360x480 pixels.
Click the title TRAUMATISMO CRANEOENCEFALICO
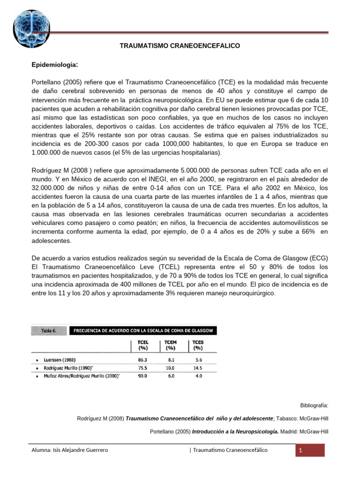click(x=180, y=46)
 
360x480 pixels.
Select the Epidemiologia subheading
click(x=54, y=64)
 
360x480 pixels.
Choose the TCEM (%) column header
click(x=171, y=345)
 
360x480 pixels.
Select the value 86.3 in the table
click(x=142, y=359)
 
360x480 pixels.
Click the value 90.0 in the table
click(x=142, y=376)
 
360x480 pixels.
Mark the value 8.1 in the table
click(x=171, y=359)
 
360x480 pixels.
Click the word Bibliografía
click(x=314, y=404)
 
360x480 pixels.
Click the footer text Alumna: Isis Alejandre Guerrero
click(x=70, y=450)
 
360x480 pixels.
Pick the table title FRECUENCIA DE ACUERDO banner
click(x=144, y=330)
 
